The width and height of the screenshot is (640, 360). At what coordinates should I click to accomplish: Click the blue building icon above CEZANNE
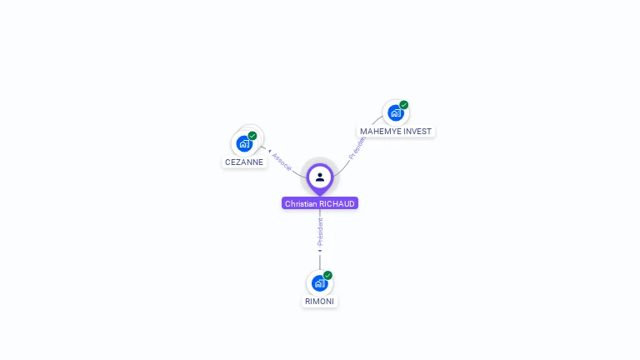point(244,143)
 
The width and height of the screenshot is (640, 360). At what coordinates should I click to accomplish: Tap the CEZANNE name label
point(244,162)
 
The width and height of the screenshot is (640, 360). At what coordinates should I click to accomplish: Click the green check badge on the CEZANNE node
point(252,136)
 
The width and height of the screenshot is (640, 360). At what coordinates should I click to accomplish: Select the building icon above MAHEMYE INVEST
point(395,112)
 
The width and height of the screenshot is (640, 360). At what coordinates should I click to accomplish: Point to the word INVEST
point(417,132)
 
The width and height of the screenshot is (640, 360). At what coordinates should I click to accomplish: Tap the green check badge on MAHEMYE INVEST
point(403,105)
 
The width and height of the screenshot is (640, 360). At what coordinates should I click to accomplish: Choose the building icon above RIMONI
point(319,283)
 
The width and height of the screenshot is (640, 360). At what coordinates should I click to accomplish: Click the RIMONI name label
point(320,302)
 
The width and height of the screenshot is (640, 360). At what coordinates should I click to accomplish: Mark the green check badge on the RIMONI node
point(327,275)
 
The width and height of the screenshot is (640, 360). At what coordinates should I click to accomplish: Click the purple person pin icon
point(320,177)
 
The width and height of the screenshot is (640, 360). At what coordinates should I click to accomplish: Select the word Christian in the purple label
point(301,203)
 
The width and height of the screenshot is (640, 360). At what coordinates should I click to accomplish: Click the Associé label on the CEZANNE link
point(282,162)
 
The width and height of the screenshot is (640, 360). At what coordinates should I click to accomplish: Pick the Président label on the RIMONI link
point(320,231)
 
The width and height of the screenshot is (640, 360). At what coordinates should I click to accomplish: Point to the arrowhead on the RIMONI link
point(320,250)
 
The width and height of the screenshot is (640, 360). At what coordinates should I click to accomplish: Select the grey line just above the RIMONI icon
point(320,262)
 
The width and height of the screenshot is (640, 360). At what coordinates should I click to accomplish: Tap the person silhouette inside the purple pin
point(320,177)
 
